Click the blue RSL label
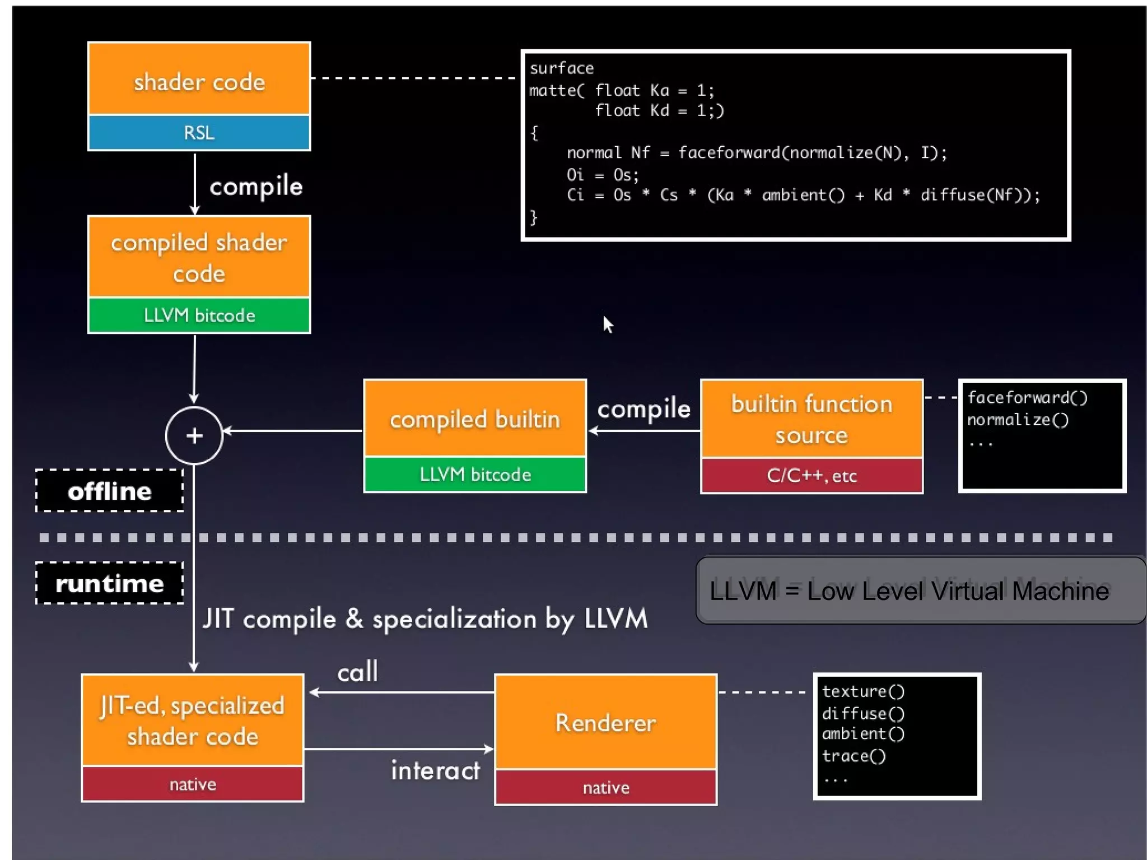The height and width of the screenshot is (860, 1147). pos(199,133)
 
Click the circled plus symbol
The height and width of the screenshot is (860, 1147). pos(194,435)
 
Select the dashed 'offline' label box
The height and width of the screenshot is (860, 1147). pos(110,491)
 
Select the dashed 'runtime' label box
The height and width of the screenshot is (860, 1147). pos(110,583)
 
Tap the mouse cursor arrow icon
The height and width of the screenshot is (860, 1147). pos(608,324)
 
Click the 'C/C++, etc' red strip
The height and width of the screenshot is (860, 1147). pos(811,476)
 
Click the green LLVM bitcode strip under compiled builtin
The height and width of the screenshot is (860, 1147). pos(475,475)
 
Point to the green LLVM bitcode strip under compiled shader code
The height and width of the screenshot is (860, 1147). pos(199,315)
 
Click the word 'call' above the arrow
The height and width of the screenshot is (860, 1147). pos(357,671)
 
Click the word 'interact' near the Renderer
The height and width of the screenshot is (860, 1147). pos(435,770)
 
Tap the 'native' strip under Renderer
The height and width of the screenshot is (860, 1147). pos(605,787)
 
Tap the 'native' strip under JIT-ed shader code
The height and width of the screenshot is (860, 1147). pos(193,784)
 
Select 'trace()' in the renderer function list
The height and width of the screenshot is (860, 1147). pos(854,756)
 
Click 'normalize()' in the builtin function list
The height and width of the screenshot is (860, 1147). pos(1018,420)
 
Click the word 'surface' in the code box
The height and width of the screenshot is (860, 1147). pos(561,68)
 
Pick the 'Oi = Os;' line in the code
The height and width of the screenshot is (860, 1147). pos(602,175)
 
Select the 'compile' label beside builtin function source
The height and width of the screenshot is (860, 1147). pos(644,409)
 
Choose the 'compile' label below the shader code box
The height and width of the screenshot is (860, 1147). pos(256,186)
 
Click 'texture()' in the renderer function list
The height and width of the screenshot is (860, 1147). pos(863,691)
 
